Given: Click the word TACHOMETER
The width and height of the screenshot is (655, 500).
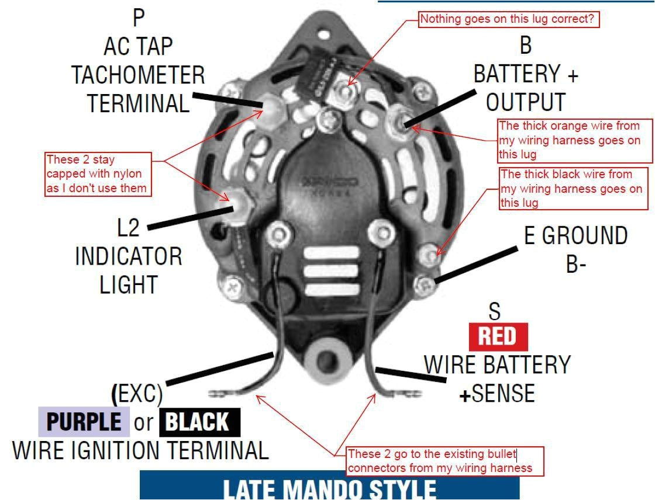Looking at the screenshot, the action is coord(138,75).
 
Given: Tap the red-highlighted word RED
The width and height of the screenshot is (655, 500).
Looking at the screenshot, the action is coord(498,336).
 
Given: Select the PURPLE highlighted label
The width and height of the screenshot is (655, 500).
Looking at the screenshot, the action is coord(84,422).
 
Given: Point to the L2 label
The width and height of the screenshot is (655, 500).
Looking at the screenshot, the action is coord(129,228).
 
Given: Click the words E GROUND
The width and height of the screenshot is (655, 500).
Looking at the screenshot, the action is coord(575,236).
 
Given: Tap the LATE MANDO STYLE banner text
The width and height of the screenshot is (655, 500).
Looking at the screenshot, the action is coord(329,488).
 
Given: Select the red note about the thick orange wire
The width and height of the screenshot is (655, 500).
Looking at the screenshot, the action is coord(574,141).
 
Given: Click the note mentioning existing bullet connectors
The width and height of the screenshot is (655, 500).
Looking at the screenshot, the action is coord(444,461).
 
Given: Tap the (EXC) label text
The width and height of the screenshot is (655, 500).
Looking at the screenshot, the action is coord(137,394).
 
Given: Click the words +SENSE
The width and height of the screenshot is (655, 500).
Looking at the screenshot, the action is coord(497,394).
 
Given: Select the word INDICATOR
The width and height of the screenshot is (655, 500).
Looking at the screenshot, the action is coord(128,256).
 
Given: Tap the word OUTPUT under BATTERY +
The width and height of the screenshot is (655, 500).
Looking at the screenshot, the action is coord(525,103).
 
